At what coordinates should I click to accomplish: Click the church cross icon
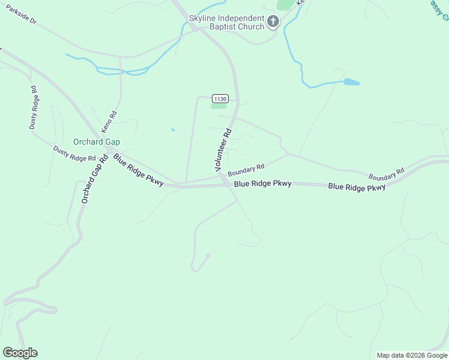[x=273, y=23]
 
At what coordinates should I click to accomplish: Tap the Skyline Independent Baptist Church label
[x=227, y=23]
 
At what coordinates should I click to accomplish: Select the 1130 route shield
[x=220, y=98]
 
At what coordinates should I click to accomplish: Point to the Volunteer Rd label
[x=220, y=148]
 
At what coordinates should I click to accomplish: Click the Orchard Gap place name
[x=96, y=142]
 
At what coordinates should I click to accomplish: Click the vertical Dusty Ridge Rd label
[x=34, y=108]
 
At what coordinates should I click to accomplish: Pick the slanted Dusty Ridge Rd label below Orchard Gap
[x=74, y=154]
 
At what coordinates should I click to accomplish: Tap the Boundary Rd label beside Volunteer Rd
[x=246, y=171]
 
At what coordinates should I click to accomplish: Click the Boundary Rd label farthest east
[x=387, y=174]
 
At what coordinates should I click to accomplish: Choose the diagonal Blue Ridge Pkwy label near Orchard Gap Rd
[x=138, y=170]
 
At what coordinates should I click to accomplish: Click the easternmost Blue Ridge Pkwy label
[x=357, y=188]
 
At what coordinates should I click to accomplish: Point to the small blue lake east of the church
[x=352, y=82]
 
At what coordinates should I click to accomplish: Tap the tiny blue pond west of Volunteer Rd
[x=173, y=130]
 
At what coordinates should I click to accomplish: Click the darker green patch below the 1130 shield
[x=217, y=107]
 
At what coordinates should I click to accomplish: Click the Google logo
[x=20, y=353]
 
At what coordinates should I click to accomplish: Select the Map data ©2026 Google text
[x=412, y=355]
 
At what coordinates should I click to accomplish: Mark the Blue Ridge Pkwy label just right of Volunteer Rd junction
[x=262, y=184]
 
